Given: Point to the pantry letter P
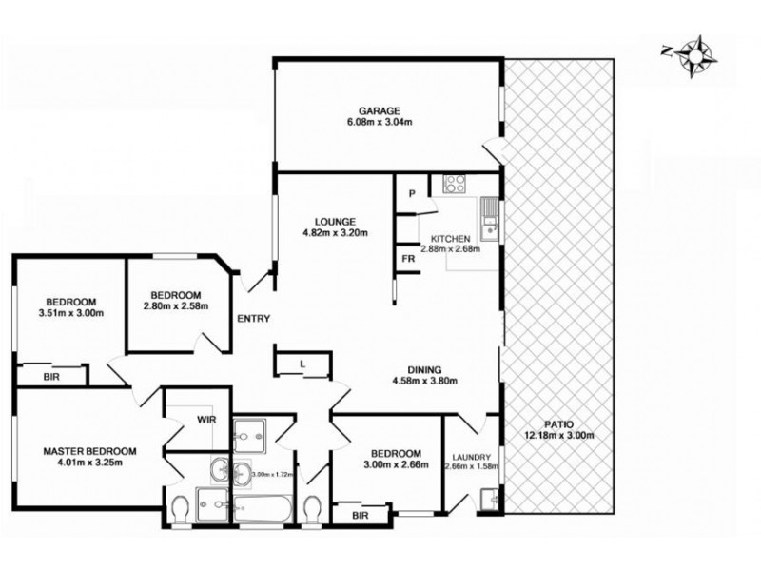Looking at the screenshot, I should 413,193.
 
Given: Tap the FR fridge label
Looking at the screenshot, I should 408,259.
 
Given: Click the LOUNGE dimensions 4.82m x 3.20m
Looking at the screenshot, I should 335,231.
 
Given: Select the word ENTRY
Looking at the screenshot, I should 254,319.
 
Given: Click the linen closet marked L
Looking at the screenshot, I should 302,363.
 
